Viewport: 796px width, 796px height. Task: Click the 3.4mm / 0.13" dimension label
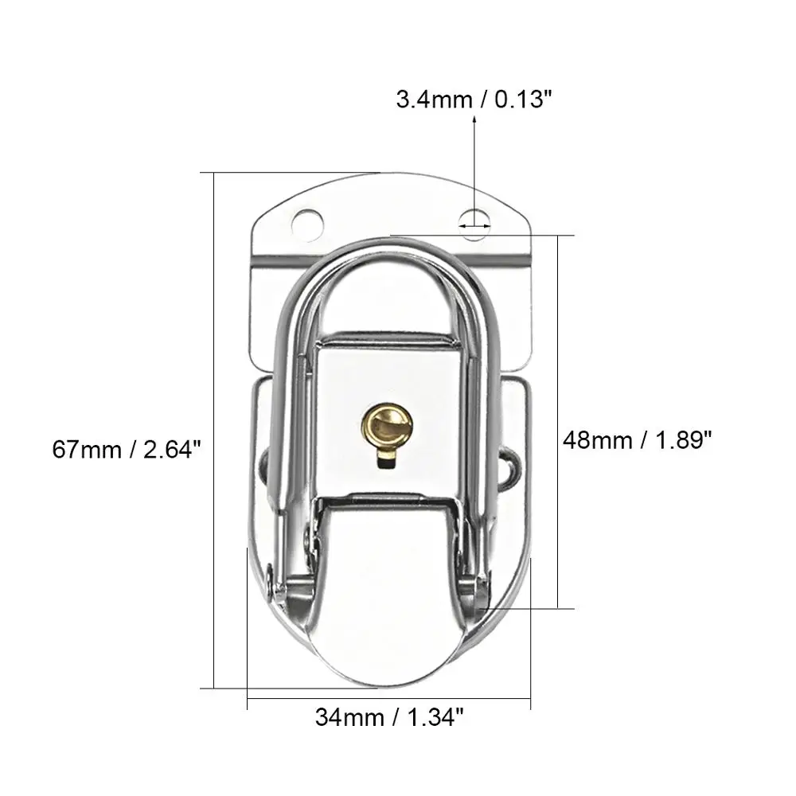pos(473,99)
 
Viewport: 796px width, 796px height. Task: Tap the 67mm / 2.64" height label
pos(127,450)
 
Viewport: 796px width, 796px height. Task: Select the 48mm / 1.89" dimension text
pos(638,439)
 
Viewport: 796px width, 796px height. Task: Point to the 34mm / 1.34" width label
pos(389,717)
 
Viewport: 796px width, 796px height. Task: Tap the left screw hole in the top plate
pos(307,223)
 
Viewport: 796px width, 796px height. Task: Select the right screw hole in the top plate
pos(474,224)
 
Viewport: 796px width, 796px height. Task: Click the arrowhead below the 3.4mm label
pos(474,120)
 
